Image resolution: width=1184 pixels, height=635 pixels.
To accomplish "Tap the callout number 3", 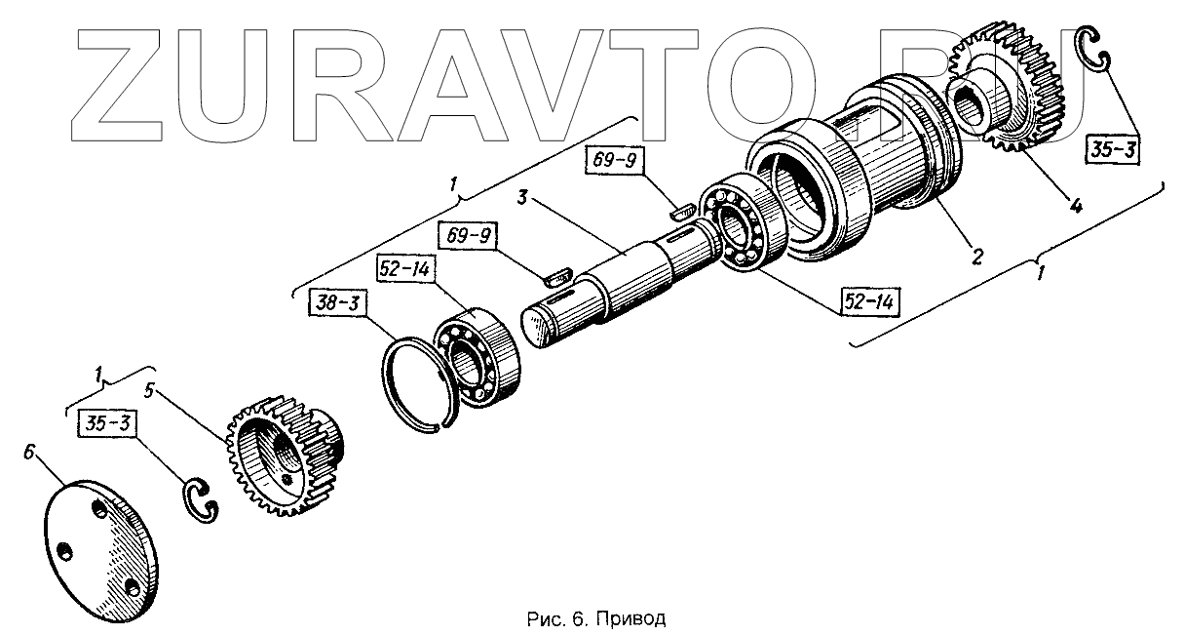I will coord(522,199).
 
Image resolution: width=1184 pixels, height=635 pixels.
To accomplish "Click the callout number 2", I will coord(975,258).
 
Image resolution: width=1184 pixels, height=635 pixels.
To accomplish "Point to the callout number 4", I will coord(1074,207).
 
